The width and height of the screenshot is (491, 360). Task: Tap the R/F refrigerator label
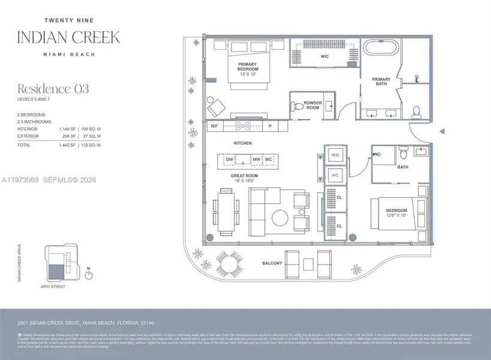[214, 126]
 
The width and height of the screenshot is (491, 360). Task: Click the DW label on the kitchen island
[228, 160]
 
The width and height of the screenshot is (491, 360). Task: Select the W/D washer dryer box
[335, 155]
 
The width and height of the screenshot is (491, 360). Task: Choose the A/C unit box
[335, 175]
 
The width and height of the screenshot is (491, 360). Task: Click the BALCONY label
[272, 263]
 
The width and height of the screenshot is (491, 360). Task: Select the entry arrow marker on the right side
[442, 131]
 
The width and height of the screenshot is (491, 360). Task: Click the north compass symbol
[89, 275]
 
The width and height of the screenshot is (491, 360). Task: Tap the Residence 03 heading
[53, 89]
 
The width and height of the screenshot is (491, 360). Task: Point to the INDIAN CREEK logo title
[68, 36]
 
